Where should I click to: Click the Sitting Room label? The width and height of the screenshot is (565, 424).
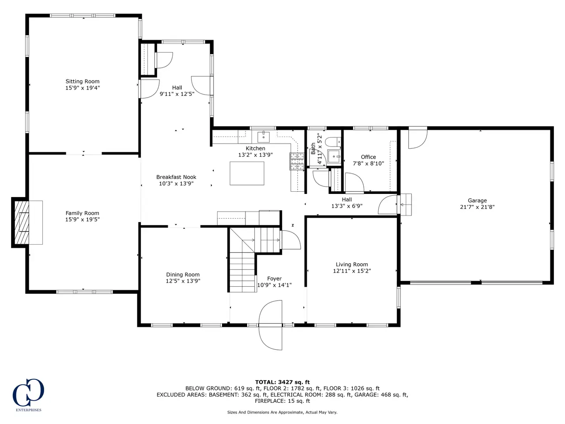(x=83, y=81)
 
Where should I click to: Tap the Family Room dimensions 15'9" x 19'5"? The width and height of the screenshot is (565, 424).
(x=83, y=220)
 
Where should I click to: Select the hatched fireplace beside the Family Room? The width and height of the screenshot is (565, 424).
(x=22, y=223)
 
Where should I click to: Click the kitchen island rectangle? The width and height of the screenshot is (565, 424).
(x=247, y=173)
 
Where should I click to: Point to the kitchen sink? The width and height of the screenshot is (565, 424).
(x=264, y=137)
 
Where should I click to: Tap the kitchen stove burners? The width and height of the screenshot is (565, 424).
(x=297, y=161)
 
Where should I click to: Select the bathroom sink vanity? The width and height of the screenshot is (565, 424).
(x=335, y=156)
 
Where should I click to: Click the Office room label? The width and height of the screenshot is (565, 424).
(x=368, y=157)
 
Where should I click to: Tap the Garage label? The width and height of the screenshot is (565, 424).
(x=477, y=201)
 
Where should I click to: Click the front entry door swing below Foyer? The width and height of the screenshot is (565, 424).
(x=270, y=325)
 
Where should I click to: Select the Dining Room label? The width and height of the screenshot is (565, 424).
(x=183, y=275)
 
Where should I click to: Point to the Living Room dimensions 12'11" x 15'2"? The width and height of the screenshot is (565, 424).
(x=352, y=271)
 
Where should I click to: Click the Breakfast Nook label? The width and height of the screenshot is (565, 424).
(x=176, y=177)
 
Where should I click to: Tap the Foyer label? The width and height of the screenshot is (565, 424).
(x=275, y=279)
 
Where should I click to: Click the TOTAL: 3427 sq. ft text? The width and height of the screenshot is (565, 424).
(x=282, y=382)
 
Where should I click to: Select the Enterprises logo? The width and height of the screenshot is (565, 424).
(x=29, y=395)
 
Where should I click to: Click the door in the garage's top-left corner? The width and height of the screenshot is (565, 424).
(x=418, y=137)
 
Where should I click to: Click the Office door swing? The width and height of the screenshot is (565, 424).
(x=354, y=182)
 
